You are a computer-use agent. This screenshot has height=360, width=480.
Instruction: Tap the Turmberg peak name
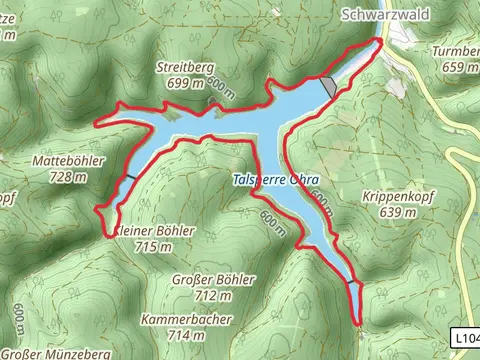pyautogui.click(x=455, y=52)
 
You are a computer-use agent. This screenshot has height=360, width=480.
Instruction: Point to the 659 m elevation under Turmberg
pyautogui.click(x=459, y=67)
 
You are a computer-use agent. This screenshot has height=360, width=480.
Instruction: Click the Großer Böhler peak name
pyautogui.click(x=213, y=280)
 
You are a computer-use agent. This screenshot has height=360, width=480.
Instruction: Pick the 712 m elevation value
pyautogui.click(x=213, y=295)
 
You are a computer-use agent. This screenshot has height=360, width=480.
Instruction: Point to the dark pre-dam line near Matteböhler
pyautogui.click(x=130, y=177)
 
